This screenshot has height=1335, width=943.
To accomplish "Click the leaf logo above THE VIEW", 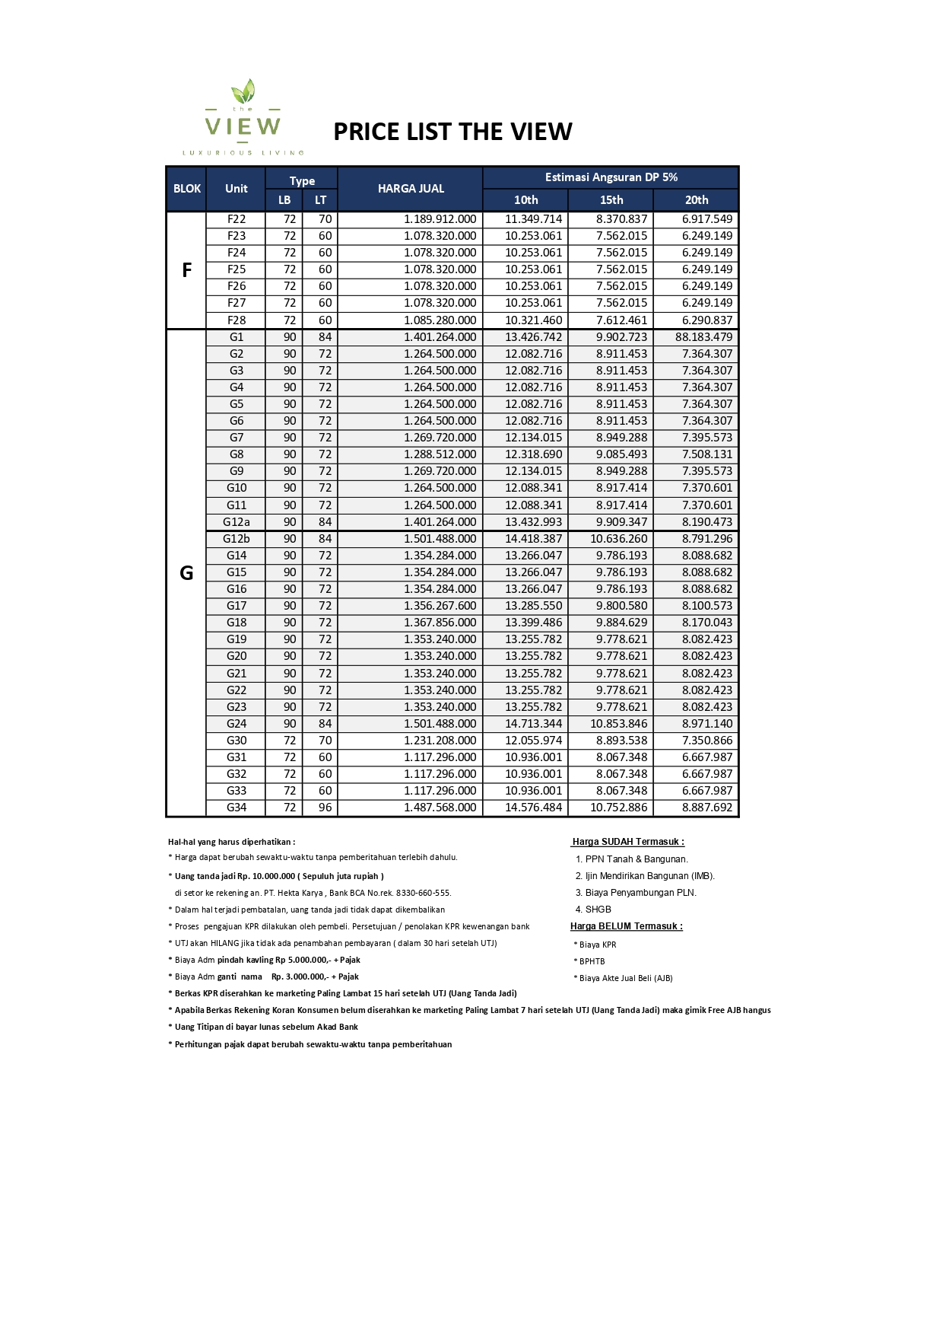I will tap(243, 91).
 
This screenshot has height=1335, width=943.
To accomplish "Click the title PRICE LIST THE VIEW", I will tap(452, 132).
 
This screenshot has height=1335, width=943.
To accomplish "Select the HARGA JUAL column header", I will tap(411, 189).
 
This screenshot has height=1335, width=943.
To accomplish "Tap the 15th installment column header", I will tap(611, 200).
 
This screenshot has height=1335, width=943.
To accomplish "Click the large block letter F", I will tap(186, 270).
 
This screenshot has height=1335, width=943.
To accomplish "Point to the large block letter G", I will tap(186, 573).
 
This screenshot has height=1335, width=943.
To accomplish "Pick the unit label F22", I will tap(237, 219).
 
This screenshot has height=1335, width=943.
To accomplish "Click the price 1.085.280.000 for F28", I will tap(440, 320).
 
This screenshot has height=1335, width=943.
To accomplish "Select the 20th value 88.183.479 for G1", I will tap(703, 337).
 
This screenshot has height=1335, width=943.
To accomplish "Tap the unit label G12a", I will tap(237, 522).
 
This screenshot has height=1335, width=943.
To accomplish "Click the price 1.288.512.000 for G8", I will tap(440, 454).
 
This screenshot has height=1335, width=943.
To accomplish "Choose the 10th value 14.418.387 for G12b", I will tap(533, 539).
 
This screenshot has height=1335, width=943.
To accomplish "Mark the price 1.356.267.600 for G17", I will tap(440, 606).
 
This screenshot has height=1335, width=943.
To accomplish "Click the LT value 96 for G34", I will tap(325, 808).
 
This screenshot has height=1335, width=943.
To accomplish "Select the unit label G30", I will tap(237, 741).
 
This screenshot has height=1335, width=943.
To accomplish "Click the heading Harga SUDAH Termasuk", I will tap(627, 842).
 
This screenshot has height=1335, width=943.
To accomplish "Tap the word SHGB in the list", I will tap(598, 910).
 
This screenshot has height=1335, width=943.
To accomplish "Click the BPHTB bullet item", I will tap(592, 961).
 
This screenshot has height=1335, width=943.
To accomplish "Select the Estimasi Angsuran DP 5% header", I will tap(611, 177).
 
